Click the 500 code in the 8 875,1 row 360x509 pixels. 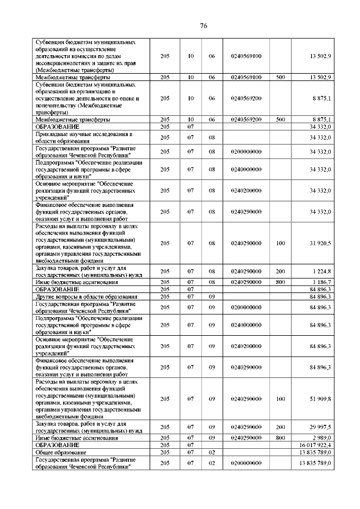281,120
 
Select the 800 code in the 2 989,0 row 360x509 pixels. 281,438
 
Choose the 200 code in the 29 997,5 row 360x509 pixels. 281,427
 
